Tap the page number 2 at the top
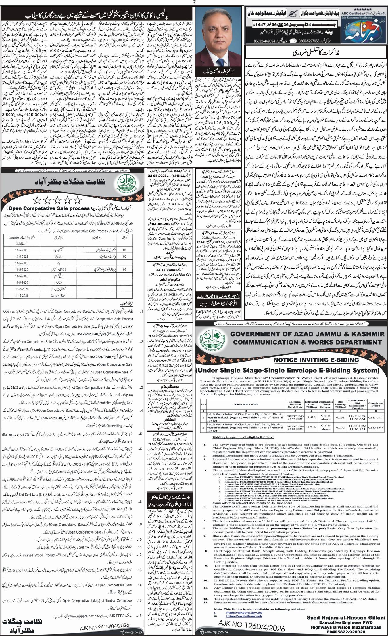click(x=194, y=2)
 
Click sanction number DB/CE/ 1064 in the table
click(x=295, y=426)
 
